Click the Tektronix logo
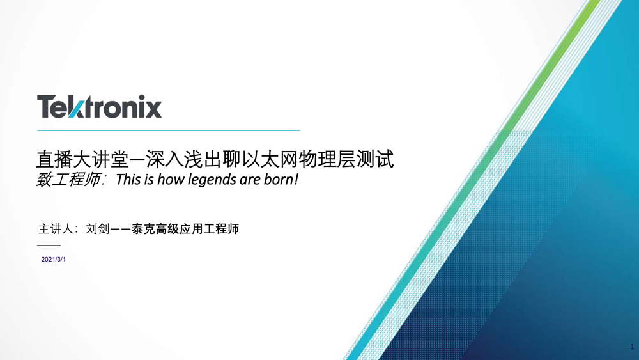(x=100, y=106)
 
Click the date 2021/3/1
(x=54, y=260)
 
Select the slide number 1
(x=632, y=347)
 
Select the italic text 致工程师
(x=68, y=180)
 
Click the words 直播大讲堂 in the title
(x=82, y=159)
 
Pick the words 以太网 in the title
(x=270, y=159)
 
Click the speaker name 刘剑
(x=98, y=229)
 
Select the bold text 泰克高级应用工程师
(x=185, y=229)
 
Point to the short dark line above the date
(x=49, y=246)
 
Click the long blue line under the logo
(x=169, y=130)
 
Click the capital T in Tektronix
(x=45, y=107)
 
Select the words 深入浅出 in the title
(x=185, y=159)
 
